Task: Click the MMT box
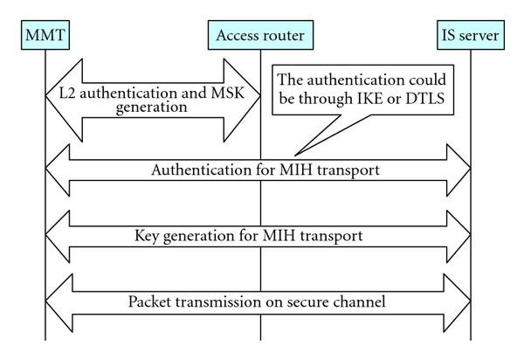click(43, 38)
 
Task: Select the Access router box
click(259, 38)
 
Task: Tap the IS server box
click(471, 38)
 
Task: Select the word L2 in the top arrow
click(57, 93)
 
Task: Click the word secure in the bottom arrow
click(314, 302)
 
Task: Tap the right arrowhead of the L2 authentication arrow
click(244, 100)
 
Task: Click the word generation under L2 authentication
click(152, 109)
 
